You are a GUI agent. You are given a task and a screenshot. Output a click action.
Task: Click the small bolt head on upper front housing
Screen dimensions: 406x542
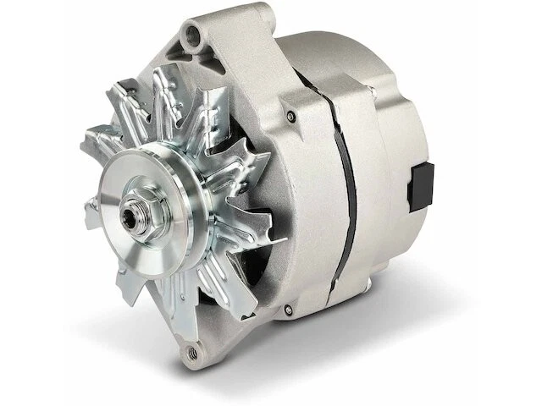(x=290, y=116)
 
